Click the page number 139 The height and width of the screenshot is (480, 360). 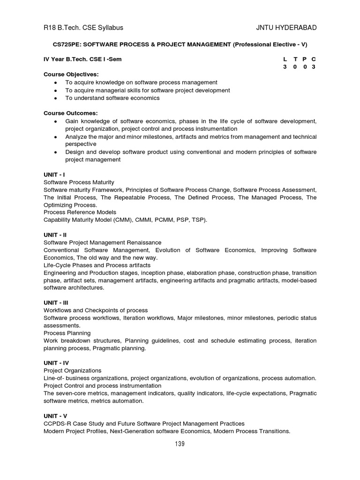[180, 444]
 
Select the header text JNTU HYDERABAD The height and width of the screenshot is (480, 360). [286, 28]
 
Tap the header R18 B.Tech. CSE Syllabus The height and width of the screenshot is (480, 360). [83, 28]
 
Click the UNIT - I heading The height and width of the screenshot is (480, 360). [54, 174]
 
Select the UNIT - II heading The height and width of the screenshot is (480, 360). [55, 235]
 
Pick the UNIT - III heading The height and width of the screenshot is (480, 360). [56, 303]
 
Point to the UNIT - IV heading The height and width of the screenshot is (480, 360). [56, 363]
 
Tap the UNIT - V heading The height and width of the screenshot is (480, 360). [55, 416]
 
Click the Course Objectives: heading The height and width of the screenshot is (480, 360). [71, 75]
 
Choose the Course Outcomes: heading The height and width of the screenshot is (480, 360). [70, 113]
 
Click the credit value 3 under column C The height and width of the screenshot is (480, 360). [314, 67]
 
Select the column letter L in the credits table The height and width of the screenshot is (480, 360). [285, 60]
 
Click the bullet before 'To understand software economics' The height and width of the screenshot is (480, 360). [56, 98]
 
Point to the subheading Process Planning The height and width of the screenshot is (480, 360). [67, 333]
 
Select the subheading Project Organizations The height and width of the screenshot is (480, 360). [72, 370]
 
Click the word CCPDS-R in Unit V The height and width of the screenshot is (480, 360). [58, 424]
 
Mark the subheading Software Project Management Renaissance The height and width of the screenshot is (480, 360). [102, 242]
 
